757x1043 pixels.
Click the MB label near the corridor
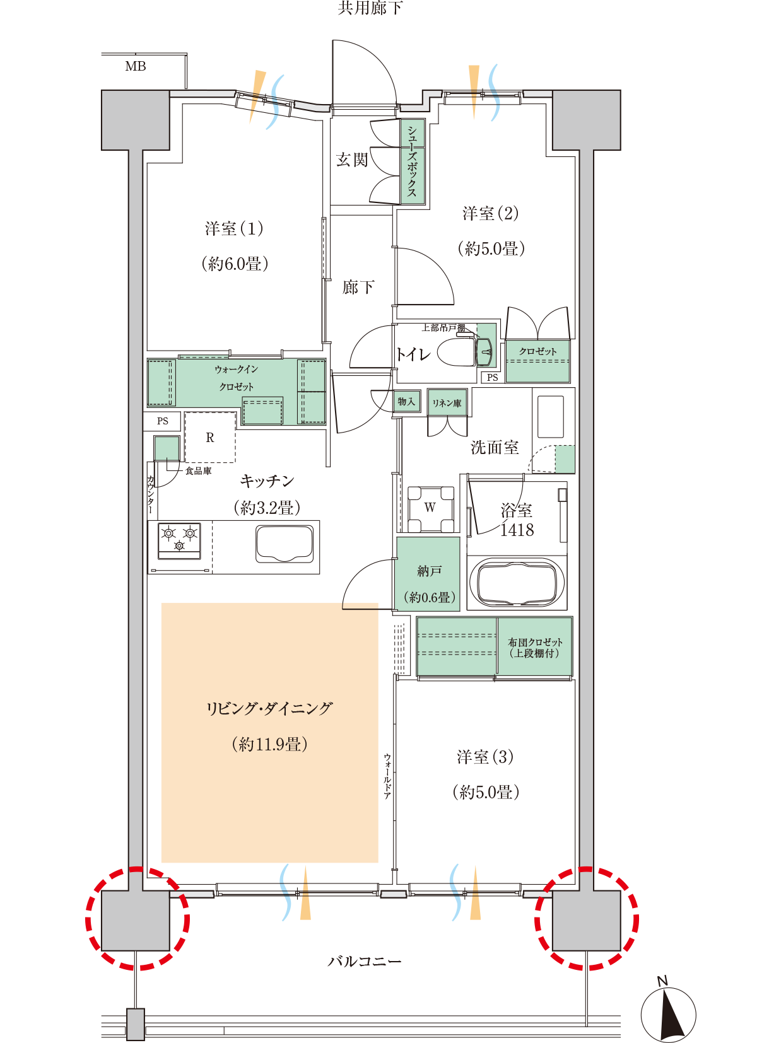pos(136,67)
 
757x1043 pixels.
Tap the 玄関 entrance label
pos(352,160)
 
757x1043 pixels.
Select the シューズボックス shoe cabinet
pos(413,161)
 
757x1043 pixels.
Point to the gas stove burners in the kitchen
pos(179,540)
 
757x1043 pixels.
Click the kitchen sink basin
pos(284,544)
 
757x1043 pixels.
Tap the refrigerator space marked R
pos(210,437)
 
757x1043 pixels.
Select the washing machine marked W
pos(430,509)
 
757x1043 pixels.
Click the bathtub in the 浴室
pos(517,583)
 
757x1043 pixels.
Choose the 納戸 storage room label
pos(429,571)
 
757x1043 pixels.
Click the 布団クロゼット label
pos(535,642)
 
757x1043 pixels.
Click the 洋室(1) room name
pos(234,229)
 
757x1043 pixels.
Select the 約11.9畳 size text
pos(270,744)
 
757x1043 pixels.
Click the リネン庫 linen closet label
pos(447,403)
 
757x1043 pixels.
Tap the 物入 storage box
pos(407,401)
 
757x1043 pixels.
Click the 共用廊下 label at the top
pos(370,8)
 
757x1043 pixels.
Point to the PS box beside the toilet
pos(493,378)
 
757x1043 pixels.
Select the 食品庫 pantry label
pos(199,471)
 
